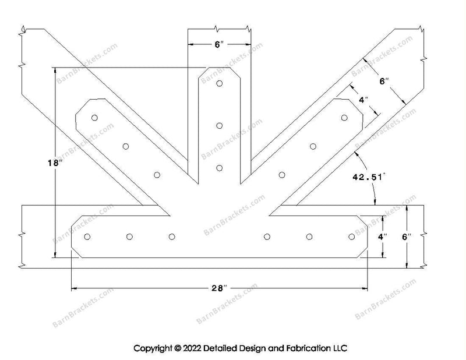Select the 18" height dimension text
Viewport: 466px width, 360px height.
click(x=55, y=164)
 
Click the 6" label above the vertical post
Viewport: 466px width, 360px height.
click(x=218, y=44)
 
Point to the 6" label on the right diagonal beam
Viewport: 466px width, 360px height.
click(x=383, y=82)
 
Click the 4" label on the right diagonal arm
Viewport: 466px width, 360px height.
click(x=363, y=100)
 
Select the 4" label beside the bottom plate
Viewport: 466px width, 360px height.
click(x=382, y=237)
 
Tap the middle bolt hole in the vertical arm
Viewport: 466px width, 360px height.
click(x=220, y=126)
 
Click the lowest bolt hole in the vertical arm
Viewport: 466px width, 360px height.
click(x=220, y=168)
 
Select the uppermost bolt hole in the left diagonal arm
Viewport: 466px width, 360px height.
click(x=94, y=118)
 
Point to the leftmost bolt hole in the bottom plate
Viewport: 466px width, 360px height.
click(x=88, y=237)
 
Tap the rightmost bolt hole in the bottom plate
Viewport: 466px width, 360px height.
click(x=351, y=237)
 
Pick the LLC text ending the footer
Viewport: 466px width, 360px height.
click(x=340, y=348)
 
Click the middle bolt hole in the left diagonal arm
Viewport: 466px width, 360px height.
click(x=125, y=146)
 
